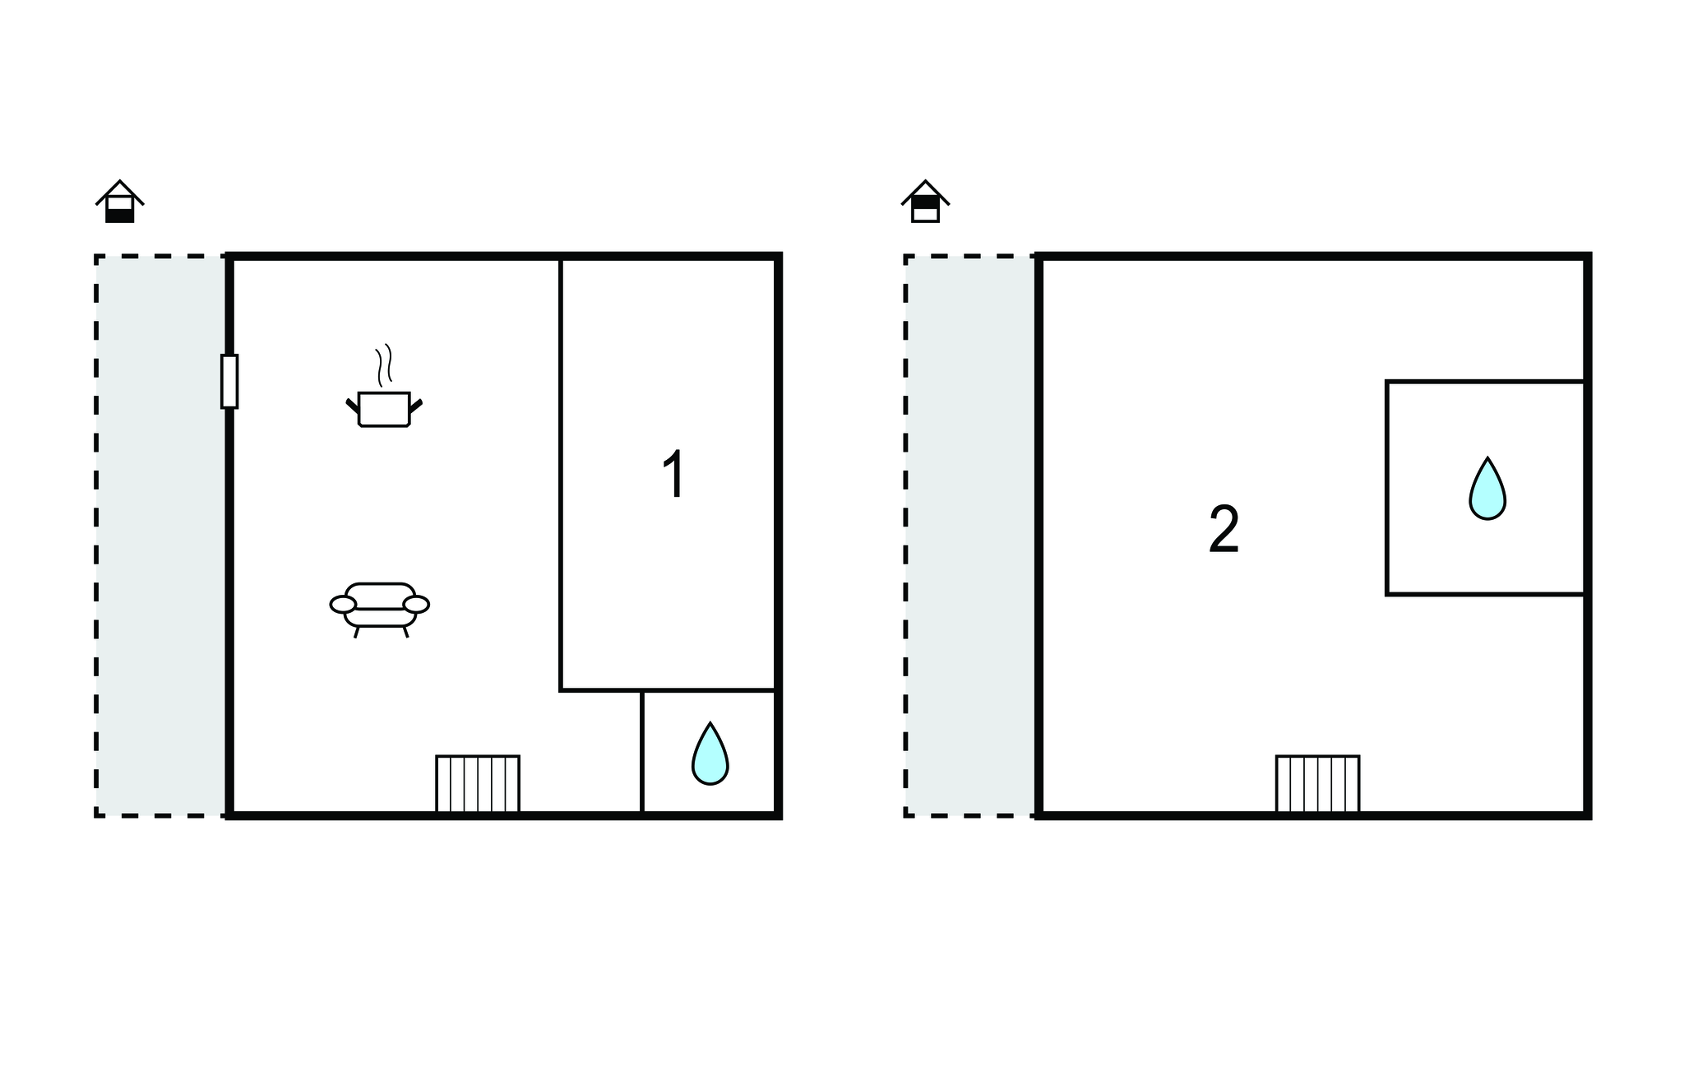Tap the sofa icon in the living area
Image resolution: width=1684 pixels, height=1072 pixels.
380,610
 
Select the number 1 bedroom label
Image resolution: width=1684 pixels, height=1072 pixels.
674,475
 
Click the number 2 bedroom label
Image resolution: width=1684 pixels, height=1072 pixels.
1224,529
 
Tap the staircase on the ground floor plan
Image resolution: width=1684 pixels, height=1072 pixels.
478,784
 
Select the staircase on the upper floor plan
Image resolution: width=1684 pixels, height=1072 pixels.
1317,784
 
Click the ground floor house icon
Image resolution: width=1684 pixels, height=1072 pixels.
120,202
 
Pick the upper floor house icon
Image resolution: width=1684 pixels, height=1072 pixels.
926,202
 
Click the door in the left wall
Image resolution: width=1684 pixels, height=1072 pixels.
229,381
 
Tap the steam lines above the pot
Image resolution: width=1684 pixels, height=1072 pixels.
384,364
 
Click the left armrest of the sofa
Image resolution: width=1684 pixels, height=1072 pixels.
343,605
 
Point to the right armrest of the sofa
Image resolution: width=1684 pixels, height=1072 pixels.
417,605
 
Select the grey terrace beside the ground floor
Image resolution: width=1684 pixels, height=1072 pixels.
161,536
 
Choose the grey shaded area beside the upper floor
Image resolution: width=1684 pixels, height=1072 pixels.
971,536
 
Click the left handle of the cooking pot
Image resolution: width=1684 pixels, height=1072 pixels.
353,406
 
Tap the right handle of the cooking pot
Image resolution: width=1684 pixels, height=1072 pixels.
416,406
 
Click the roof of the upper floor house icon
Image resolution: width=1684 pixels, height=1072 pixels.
926,192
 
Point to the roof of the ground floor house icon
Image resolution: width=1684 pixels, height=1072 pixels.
120,192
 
